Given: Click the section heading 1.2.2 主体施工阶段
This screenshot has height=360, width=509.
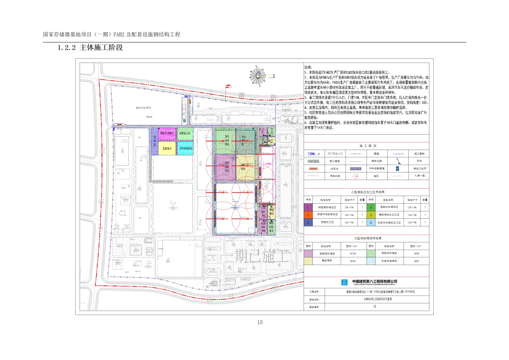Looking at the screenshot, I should point(90,48).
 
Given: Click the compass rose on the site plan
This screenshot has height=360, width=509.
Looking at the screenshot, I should point(258,76).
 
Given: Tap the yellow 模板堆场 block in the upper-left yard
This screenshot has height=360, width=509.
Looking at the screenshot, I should point(167,148).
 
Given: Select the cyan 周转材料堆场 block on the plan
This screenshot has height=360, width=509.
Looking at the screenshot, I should point(185,148).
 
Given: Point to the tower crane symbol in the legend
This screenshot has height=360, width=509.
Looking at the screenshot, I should point(356,176).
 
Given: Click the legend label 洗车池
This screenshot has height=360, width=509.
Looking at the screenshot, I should point(334,169).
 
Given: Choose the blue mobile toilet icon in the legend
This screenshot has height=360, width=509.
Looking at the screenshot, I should point(397,169).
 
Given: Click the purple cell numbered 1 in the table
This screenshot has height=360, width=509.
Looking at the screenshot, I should point(308,207).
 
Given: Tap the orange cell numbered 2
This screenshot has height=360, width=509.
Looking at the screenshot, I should point(308,215).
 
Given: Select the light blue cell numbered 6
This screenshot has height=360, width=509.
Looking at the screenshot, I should point(371,222).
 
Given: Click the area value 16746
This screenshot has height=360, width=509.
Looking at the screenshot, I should point(353,254).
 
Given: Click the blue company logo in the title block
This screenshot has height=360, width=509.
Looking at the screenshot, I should point(344,283).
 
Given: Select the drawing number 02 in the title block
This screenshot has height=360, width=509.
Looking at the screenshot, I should point(375,306).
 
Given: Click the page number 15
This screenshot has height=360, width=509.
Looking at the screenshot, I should point(260,322).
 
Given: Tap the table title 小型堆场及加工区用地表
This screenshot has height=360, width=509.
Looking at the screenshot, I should point(367,192).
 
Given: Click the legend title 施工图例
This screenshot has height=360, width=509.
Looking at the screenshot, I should point(367,146).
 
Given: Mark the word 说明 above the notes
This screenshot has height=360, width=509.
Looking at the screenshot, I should point(308,67).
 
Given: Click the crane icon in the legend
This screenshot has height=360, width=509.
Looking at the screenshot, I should point(398,161).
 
